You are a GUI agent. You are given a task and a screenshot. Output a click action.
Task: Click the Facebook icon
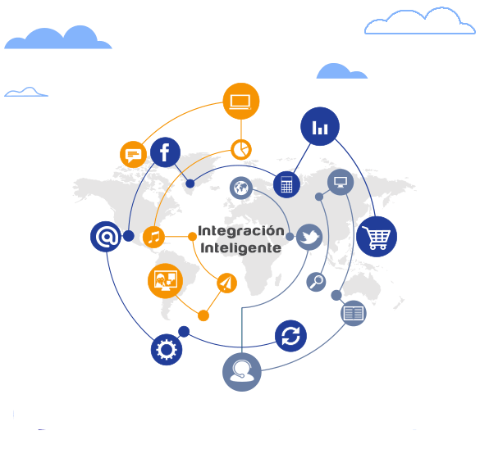click(165, 152)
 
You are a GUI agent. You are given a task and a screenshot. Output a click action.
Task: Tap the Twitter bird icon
click(309, 237)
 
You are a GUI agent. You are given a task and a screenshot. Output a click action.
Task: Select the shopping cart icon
click(377, 237)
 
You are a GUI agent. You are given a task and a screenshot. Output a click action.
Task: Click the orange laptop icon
click(241, 101)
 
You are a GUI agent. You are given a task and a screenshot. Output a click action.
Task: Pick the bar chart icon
click(320, 126)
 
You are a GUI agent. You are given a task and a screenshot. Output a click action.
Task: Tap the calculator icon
click(286, 184)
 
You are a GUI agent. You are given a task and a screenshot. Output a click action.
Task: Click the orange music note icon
click(153, 237)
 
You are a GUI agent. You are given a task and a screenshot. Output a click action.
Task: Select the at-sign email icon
click(106, 237)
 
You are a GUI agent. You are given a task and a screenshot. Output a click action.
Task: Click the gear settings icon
click(167, 349)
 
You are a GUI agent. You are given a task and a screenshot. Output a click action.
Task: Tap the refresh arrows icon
click(290, 336)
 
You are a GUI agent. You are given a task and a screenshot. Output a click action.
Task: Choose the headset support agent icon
click(242, 372)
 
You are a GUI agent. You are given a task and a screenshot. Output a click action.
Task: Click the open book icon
click(354, 313)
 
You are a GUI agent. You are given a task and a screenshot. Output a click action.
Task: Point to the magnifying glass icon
click(316, 282)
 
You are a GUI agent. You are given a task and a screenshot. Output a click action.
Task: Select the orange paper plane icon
click(226, 283)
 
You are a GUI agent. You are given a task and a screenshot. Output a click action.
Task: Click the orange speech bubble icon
click(133, 154)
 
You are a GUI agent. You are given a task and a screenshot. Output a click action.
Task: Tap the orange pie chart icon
click(241, 150)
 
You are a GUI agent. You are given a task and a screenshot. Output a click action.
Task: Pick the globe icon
click(241, 188)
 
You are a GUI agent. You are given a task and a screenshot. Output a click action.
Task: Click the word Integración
click(241, 231)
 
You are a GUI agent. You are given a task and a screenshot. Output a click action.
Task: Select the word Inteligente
click(241, 248)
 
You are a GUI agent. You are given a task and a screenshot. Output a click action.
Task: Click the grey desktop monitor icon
click(341, 182)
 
